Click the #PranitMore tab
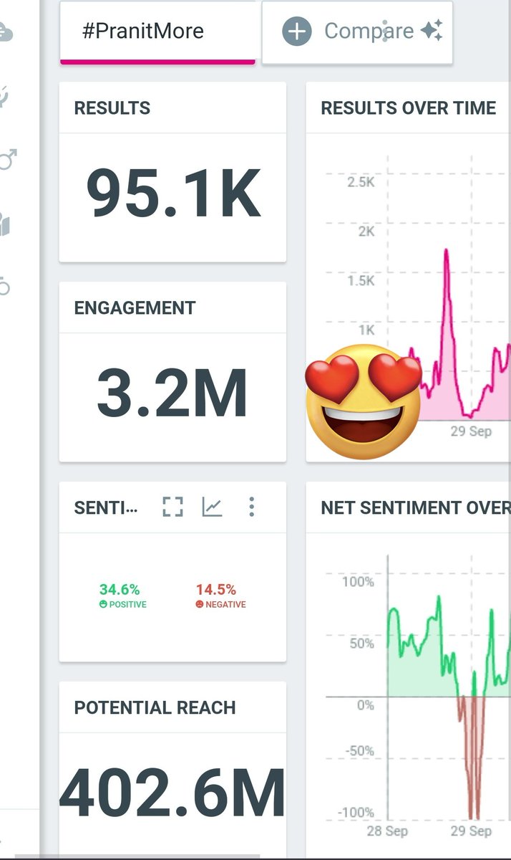[x=143, y=32]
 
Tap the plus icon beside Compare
[x=297, y=32]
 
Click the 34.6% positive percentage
[x=120, y=590]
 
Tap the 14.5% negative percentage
[x=216, y=590]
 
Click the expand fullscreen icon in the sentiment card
[x=172, y=507]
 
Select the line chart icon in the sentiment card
[x=212, y=507]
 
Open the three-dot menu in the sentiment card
[x=251, y=507]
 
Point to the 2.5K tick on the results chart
[x=361, y=182]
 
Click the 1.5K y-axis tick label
[x=361, y=280]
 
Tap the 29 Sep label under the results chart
[x=471, y=432]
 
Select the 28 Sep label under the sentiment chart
[x=387, y=831]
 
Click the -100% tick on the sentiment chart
[x=356, y=813]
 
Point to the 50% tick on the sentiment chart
[x=361, y=643]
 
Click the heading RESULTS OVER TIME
[x=408, y=108]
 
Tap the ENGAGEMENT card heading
[x=135, y=308]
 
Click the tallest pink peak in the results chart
[x=447, y=251]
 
